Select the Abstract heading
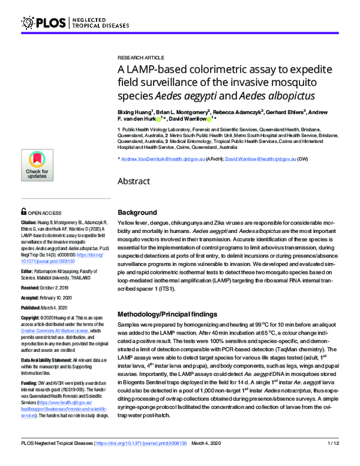tap(134, 181)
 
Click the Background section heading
tap(137, 213)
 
